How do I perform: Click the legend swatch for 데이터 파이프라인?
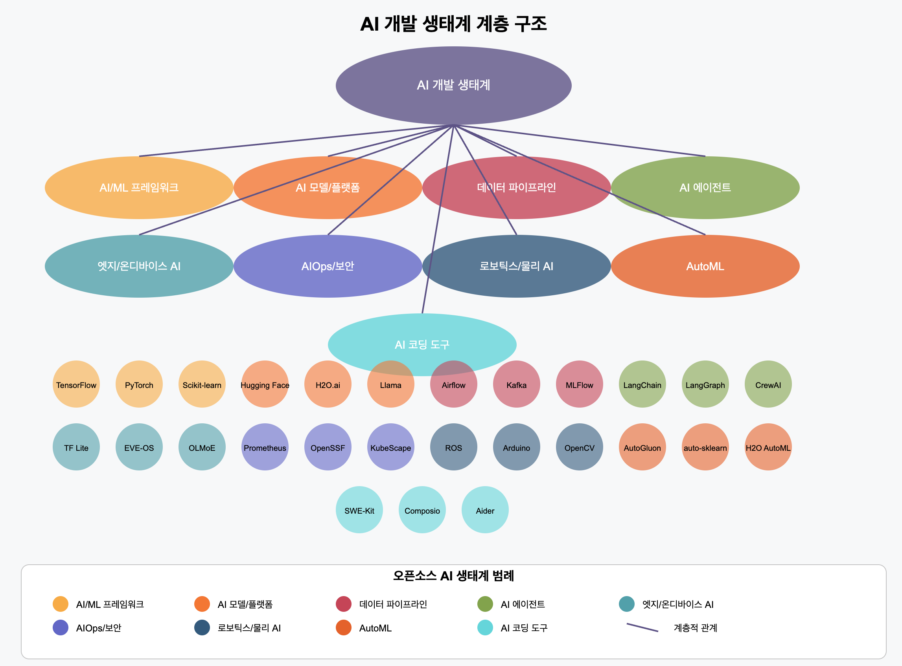tap(343, 604)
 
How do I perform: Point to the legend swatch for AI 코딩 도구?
tap(485, 628)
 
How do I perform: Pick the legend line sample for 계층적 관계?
tap(642, 628)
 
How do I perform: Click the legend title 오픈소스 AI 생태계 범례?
tap(453, 576)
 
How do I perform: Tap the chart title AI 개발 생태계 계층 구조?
tap(453, 24)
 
